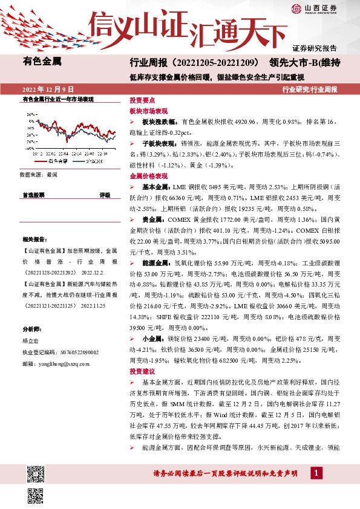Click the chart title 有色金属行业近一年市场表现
[57, 99]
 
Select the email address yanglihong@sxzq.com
[55, 364]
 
